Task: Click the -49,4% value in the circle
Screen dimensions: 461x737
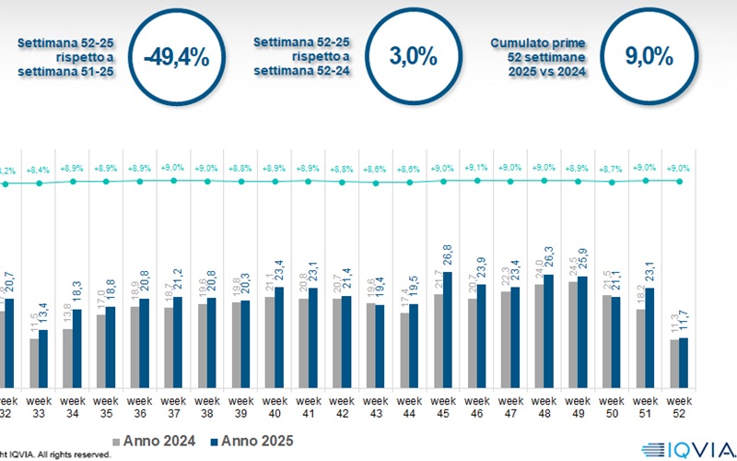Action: [x=176, y=58]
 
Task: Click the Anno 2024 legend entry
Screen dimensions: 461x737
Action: [x=162, y=441]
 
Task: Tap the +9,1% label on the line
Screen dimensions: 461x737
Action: [x=477, y=168]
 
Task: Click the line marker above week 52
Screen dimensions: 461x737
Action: [x=679, y=181]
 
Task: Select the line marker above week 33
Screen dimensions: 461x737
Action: [x=39, y=183]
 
